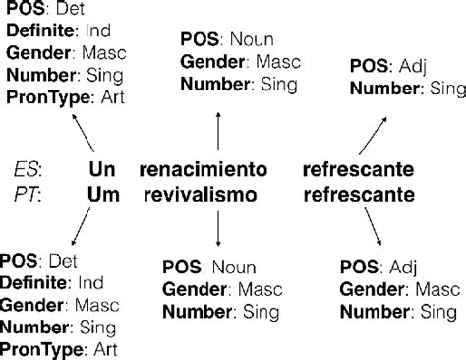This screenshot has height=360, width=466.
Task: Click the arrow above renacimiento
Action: (x=216, y=128)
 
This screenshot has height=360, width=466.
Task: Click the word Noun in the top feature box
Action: (x=250, y=41)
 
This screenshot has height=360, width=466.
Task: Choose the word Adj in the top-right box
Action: (x=410, y=68)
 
